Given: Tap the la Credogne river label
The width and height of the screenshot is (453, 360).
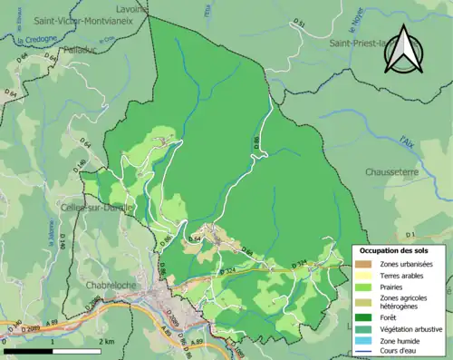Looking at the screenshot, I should pyautogui.click(x=34, y=41).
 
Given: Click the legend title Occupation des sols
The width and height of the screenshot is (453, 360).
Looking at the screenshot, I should pyautogui.click(x=397, y=250).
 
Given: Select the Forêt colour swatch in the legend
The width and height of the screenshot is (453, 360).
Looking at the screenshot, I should pyautogui.click(x=364, y=316).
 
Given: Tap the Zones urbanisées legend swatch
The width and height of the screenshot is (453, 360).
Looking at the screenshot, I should pyautogui.click(x=364, y=264).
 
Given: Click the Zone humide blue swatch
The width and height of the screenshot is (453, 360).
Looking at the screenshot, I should pyautogui.click(x=364, y=343).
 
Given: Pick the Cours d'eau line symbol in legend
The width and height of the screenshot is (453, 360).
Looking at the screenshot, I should pyautogui.click(x=364, y=353).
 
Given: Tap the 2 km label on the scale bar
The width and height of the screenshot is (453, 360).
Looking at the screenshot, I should pyautogui.click(x=107, y=341).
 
